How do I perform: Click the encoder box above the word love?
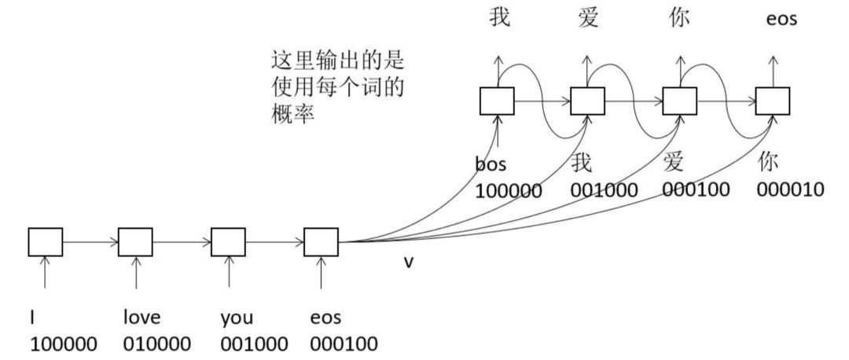(135, 242)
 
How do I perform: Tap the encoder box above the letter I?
(45, 242)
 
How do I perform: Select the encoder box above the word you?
(228, 242)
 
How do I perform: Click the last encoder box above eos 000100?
(321, 242)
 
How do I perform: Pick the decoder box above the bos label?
(497, 101)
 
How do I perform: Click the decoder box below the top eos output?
(772, 101)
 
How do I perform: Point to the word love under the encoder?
(141, 318)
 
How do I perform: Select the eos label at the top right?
(781, 18)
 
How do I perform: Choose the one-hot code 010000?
(157, 343)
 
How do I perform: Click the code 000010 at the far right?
(791, 189)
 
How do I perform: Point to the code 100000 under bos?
(508, 190)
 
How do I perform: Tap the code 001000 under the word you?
(254, 343)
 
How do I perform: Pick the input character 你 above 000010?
(769, 163)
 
